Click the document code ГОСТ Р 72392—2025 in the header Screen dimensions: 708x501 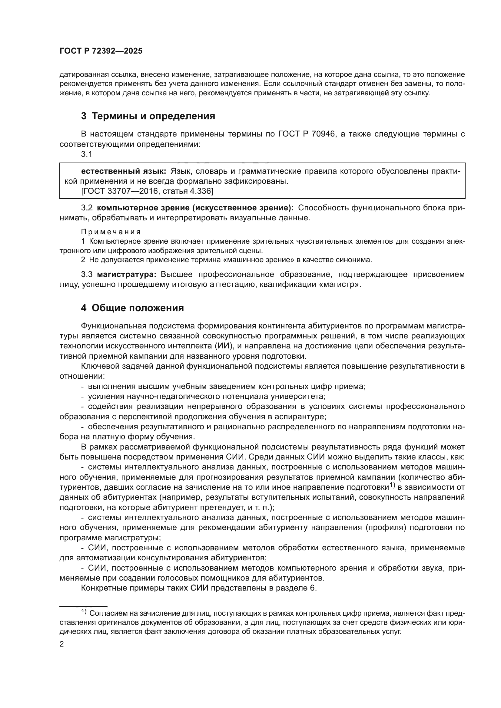point(101,51)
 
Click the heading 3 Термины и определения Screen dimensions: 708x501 point(148,116)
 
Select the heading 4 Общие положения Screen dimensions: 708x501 point(132,308)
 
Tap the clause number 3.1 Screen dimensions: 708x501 point(86,154)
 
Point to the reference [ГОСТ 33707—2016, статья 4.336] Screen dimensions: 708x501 point(147,191)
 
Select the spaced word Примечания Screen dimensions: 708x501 point(111,232)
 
